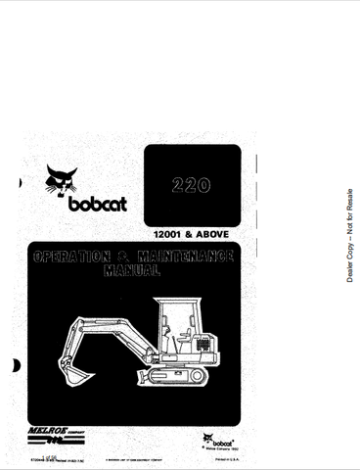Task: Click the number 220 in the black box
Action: point(192,184)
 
